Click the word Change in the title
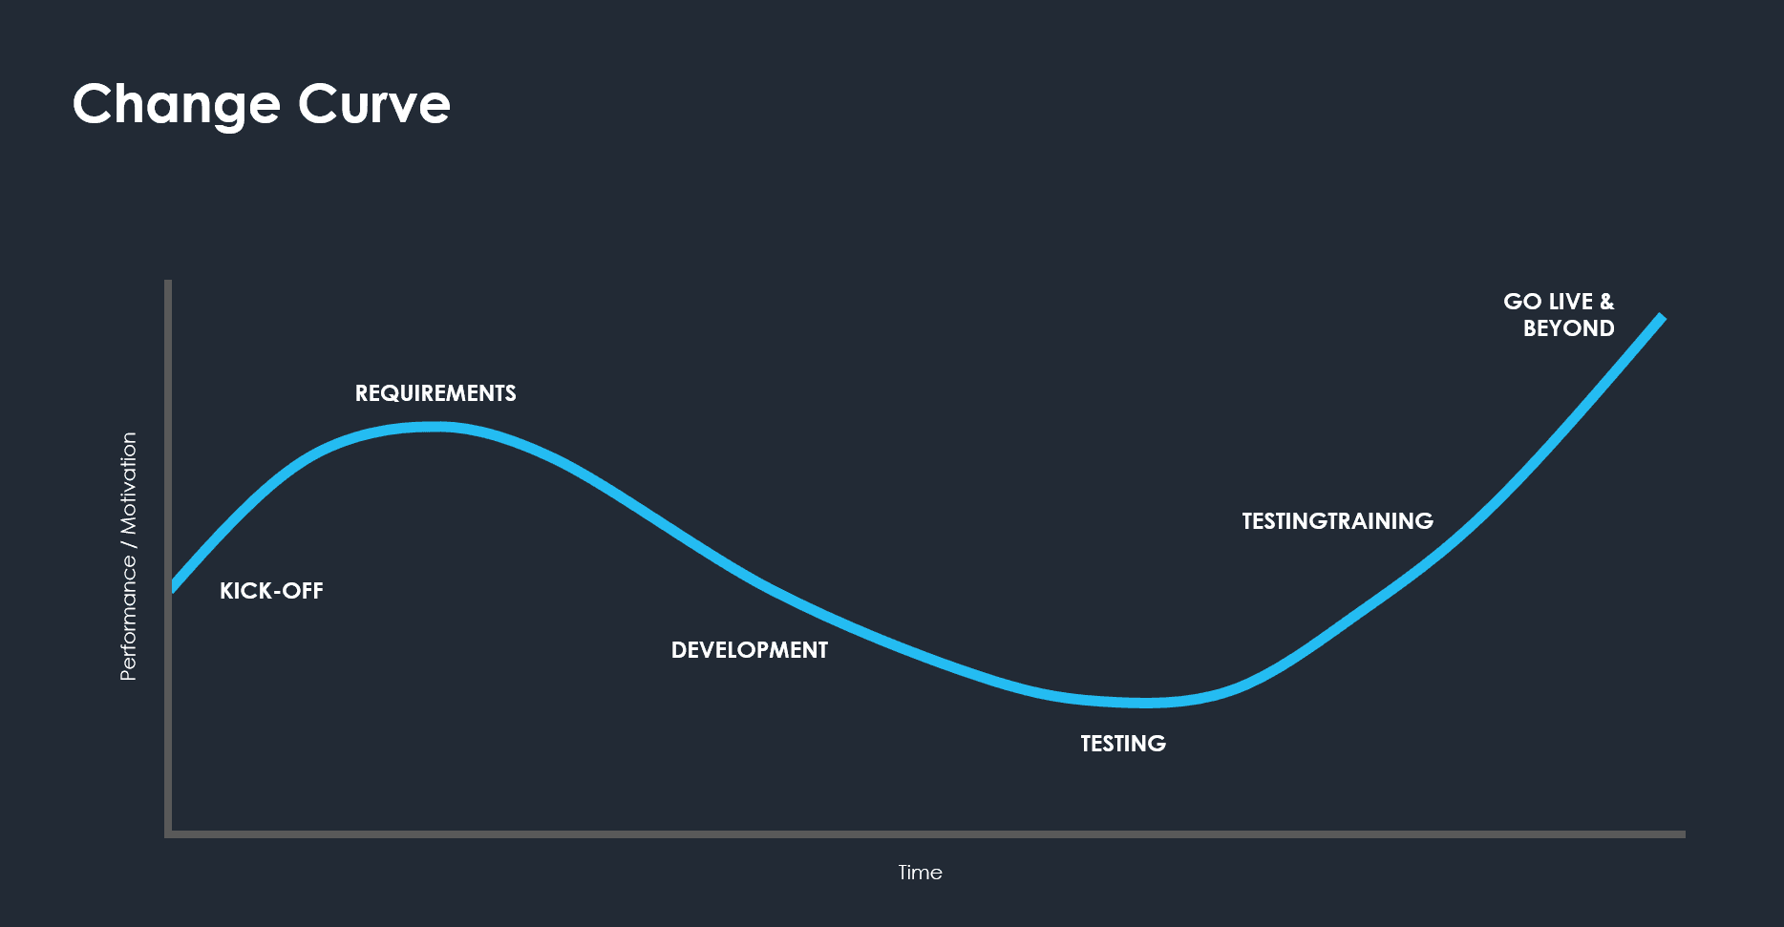[176, 104]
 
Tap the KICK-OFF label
[271, 591]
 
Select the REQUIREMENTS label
[435, 393]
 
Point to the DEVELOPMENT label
[750, 650]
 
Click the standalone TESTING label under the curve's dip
[1123, 744]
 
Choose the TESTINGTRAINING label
[1337, 521]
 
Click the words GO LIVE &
[1558, 302]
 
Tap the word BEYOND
[1568, 328]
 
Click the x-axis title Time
[920, 873]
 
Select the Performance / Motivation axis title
[128, 557]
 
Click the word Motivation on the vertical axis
[128, 483]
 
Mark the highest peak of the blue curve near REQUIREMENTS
[432, 427]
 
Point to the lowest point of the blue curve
[1146, 703]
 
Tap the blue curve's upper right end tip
[1661, 317]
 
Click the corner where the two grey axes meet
[168, 834]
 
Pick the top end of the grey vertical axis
[168, 283]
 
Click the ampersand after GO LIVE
[1606, 302]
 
